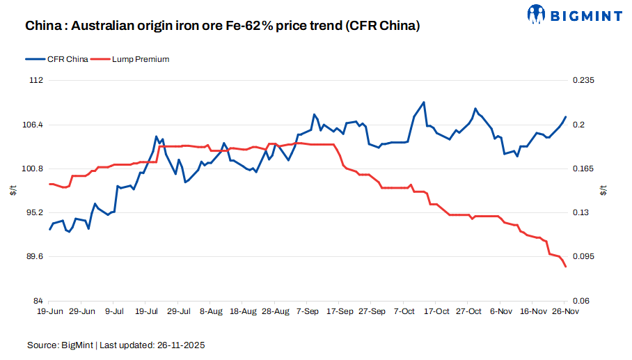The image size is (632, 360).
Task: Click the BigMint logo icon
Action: [537, 13]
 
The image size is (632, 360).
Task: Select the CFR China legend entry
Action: [67, 59]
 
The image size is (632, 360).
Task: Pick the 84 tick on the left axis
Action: [38, 300]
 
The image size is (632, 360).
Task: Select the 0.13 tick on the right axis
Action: [581, 212]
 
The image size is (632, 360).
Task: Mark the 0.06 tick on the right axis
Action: [581, 300]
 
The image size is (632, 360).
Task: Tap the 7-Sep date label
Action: [307, 312]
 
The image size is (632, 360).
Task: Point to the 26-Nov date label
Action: [565, 312]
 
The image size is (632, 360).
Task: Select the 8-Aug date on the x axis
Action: [211, 312]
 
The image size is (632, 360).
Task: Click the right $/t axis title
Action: [603, 190]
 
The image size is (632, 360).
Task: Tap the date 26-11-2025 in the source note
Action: [179, 345]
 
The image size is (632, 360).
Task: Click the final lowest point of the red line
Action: [566, 267]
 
